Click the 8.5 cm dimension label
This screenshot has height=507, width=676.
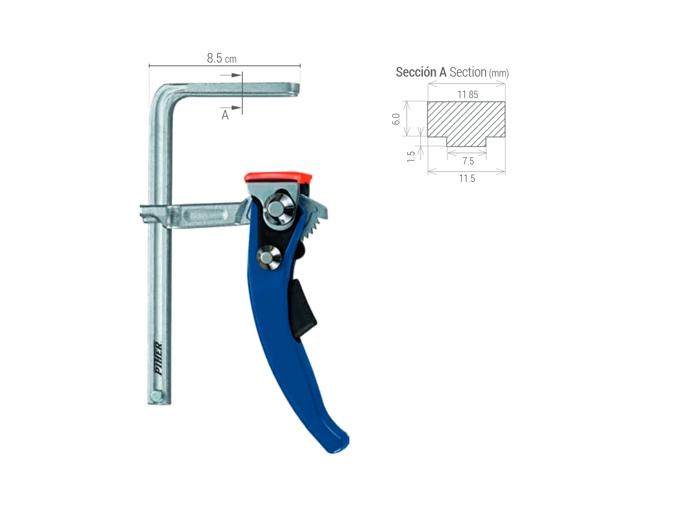pos(221,58)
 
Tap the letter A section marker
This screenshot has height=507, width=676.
pos(225,115)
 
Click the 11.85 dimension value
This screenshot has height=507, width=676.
pos(467,95)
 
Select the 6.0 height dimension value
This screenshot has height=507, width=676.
pos(396,119)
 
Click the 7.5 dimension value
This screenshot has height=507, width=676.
pos(467,161)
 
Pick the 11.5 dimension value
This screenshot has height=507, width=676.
pos(467,179)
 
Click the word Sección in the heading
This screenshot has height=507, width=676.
pos(415,72)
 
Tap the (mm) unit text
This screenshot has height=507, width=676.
pos(499,73)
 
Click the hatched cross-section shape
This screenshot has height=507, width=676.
pos(466,120)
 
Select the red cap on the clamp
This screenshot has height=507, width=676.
pos(278,177)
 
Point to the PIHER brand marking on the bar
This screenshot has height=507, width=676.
pos(158,354)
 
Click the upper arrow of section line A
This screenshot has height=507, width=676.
pos(232,75)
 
